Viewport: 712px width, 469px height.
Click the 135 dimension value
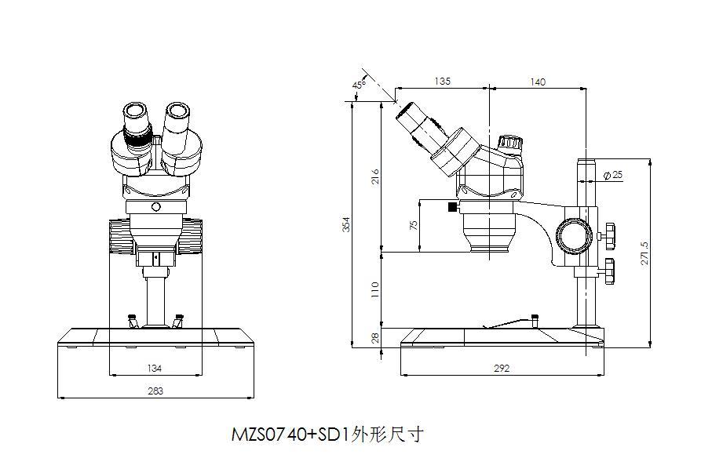coord(442,81)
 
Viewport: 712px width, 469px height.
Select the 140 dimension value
coord(538,81)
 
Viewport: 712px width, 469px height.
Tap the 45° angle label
coord(359,84)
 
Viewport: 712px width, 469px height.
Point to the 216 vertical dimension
coord(375,176)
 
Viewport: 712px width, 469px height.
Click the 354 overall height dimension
coord(346,224)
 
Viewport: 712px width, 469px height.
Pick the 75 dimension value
coord(414,225)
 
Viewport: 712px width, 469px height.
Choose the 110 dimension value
coord(375,289)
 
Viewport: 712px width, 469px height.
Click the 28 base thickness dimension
coord(375,338)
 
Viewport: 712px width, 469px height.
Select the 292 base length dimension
coord(502,367)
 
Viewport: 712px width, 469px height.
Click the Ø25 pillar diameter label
coord(613,175)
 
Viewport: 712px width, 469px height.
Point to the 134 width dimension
coord(155,367)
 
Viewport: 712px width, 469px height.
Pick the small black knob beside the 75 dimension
coord(452,207)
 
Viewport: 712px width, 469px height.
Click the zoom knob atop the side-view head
coord(509,143)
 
